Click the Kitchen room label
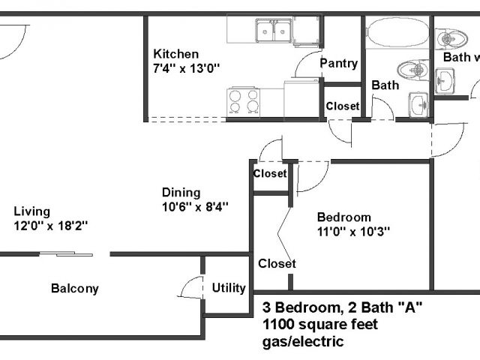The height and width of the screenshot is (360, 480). tap(176, 54)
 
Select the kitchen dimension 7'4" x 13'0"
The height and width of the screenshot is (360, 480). tap(187, 68)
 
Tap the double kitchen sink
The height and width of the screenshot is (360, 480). tap(274, 30)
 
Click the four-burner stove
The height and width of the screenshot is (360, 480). tap(243, 103)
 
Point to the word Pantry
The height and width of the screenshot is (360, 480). tap(338, 64)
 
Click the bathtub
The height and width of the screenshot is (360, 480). tap(397, 32)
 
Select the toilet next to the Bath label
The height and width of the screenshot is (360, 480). tap(412, 70)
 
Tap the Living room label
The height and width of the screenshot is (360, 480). tap(31, 211)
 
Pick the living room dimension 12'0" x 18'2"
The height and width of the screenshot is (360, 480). tap(51, 226)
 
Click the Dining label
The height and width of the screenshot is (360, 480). tap(181, 193)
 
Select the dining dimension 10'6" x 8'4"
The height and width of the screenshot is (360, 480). tap(195, 207)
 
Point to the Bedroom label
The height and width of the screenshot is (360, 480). tap(344, 217)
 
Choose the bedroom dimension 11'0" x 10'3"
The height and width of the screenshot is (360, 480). tap(353, 232)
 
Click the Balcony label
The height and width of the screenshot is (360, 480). tap(75, 288)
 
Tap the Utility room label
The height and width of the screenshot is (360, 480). tap(229, 288)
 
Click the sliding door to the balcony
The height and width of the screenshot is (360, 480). tap(66, 253)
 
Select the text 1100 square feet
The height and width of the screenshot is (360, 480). tap(320, 325)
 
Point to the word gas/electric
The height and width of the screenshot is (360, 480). tap(303, 341)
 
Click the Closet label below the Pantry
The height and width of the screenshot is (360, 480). tap(343, 106)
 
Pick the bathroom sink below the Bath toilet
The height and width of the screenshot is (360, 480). tap(418, 105)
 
